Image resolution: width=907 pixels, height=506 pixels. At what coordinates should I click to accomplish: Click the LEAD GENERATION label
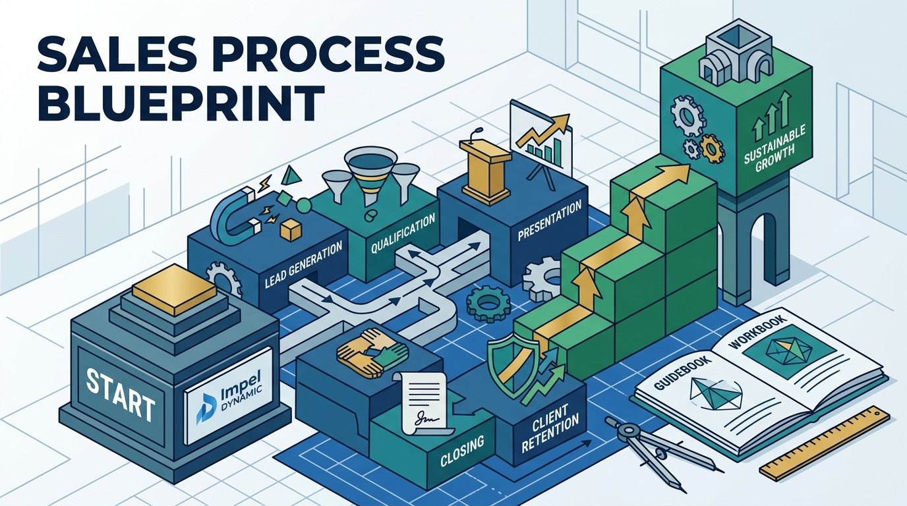pyautogui.click(x=303, y=264)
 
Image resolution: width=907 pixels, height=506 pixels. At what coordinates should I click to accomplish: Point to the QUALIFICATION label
pyautogui.click(x=403, y=234)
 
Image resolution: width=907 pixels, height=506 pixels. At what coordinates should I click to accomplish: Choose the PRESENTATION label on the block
pyautogui.click(x=550, y=221)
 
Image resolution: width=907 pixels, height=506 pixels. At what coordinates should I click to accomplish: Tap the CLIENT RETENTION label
pyautogui.click(x=550, y=428)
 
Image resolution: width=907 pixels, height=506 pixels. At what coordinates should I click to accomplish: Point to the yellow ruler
pyautogui.click(x=825, y=444)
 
